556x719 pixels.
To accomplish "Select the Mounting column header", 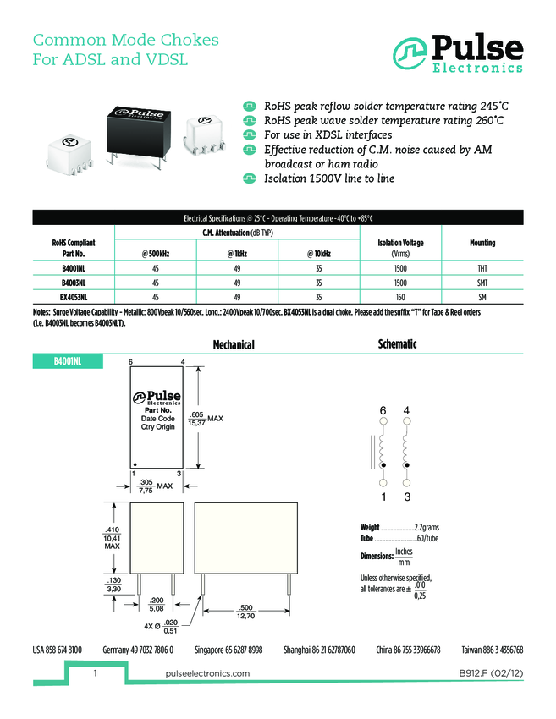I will coord(482,243).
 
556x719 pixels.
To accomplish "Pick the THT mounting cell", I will coord(482,268).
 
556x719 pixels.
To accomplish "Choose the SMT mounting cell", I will coord(482,283).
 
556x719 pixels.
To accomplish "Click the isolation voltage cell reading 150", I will coord(400,297).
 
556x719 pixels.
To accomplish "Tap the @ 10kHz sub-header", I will coord(318,254).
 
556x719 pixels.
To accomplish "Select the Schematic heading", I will coord(396,344).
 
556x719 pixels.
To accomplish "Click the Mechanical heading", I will coord(234,345).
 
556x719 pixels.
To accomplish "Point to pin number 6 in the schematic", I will coord(383,410).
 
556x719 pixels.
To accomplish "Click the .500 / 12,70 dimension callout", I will coord(245,611).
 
